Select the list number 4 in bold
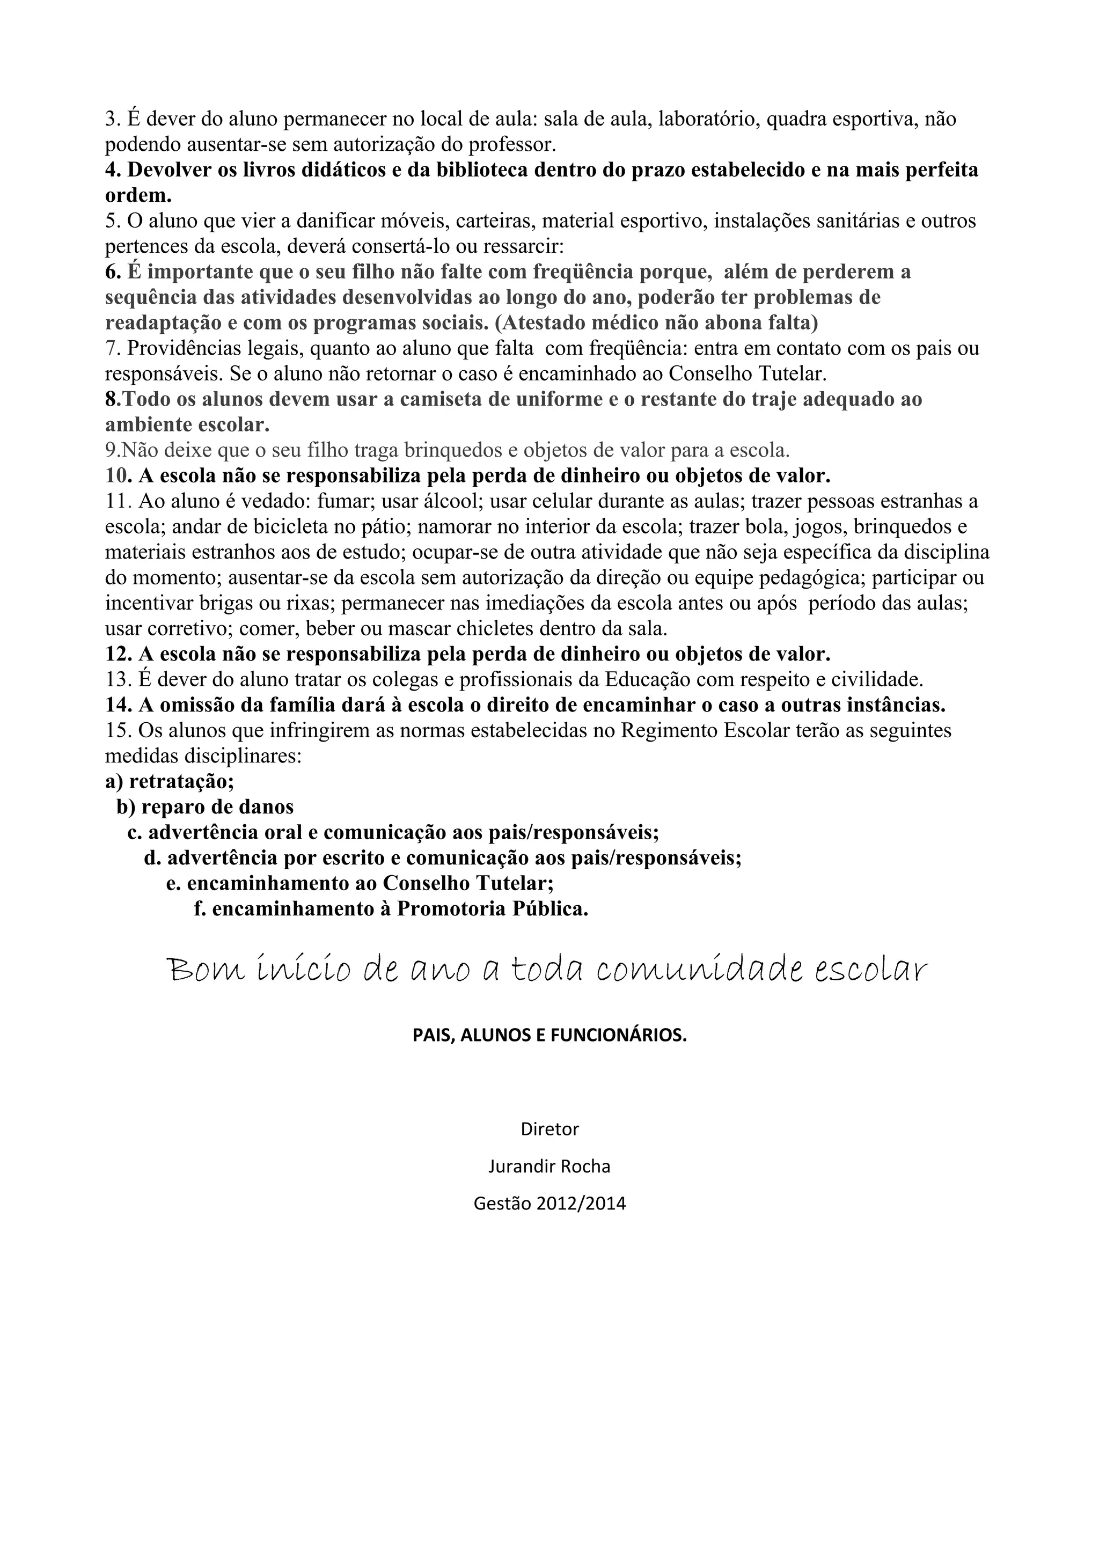[112, 170]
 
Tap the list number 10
[118, 476]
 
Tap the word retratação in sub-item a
[181, 782]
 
